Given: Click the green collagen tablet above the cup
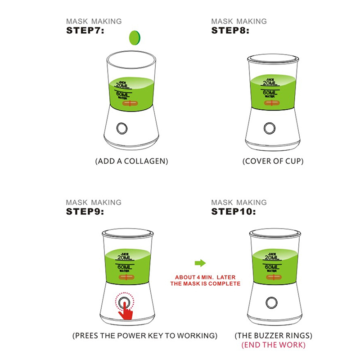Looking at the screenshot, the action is [x=135, y=38].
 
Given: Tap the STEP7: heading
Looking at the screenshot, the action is [x=85, y=31].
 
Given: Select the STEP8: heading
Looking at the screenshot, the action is [x=230, y=31].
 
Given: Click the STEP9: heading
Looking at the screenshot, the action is [x=85, y=211].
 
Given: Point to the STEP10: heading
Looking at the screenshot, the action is [x=234, y=211].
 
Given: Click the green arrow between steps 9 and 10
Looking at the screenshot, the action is [x=200, y=263].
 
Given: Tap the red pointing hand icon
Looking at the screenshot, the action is [x=126, y=311].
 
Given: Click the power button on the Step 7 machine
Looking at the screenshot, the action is [x=122, y=128].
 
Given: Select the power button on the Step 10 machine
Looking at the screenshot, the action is [x=271, y=302].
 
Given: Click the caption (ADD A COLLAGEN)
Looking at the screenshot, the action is [x=131, y=161].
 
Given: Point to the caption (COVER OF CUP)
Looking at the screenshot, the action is [x=273, y=161].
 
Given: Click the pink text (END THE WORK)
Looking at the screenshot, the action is [x=274, y=345].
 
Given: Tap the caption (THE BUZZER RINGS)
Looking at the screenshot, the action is [x=274, y=336].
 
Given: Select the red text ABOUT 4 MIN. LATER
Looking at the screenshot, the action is [x=205, y=277].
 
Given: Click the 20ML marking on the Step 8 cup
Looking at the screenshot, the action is [x=270, y=83].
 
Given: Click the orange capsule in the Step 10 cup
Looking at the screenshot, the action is [x=274, y=277].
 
